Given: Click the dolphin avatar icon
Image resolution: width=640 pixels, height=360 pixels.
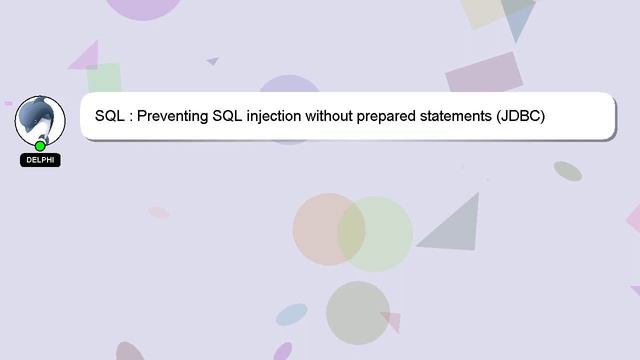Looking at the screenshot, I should (x=40, y=118).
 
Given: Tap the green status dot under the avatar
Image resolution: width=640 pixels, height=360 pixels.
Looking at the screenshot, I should (x=40, y=146).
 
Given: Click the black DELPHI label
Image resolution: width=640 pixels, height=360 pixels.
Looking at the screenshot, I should (x=40, y=160).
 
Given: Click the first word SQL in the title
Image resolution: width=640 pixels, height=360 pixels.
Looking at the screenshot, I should (x=110, y=116).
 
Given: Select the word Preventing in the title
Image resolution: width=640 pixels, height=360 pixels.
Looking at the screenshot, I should (x=172, y=116).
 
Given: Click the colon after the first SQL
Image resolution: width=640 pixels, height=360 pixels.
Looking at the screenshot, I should (x=130, y=117).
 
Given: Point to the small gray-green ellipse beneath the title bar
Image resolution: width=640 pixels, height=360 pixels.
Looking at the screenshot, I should (x=568, y=171).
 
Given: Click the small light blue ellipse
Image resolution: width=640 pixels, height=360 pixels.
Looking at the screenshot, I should (x=291, y=315).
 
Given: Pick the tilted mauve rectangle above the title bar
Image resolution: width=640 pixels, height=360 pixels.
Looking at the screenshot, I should (x=484, y=73).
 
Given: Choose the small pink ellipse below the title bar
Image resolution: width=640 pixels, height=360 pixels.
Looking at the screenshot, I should (x=159, y=212).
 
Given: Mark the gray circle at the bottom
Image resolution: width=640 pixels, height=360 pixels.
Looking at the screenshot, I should (x=357, y=313).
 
